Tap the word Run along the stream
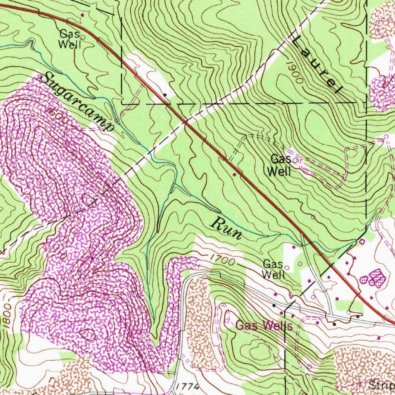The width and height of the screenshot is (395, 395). point(227,228)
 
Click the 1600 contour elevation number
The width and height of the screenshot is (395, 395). point(58,116)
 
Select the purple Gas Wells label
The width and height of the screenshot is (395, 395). point(264,326)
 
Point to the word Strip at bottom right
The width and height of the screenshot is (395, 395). point(381,385)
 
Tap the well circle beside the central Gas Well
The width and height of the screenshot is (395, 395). point(296,160)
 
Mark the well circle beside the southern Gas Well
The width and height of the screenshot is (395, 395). point(287,267)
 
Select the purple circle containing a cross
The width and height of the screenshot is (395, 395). point(362,241)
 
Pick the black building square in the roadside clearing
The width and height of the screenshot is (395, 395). point(165,94)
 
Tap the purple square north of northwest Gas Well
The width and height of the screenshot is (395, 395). point(82,15)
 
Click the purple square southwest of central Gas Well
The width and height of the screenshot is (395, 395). point(234,176)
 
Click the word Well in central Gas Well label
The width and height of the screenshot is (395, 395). point(279,172)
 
